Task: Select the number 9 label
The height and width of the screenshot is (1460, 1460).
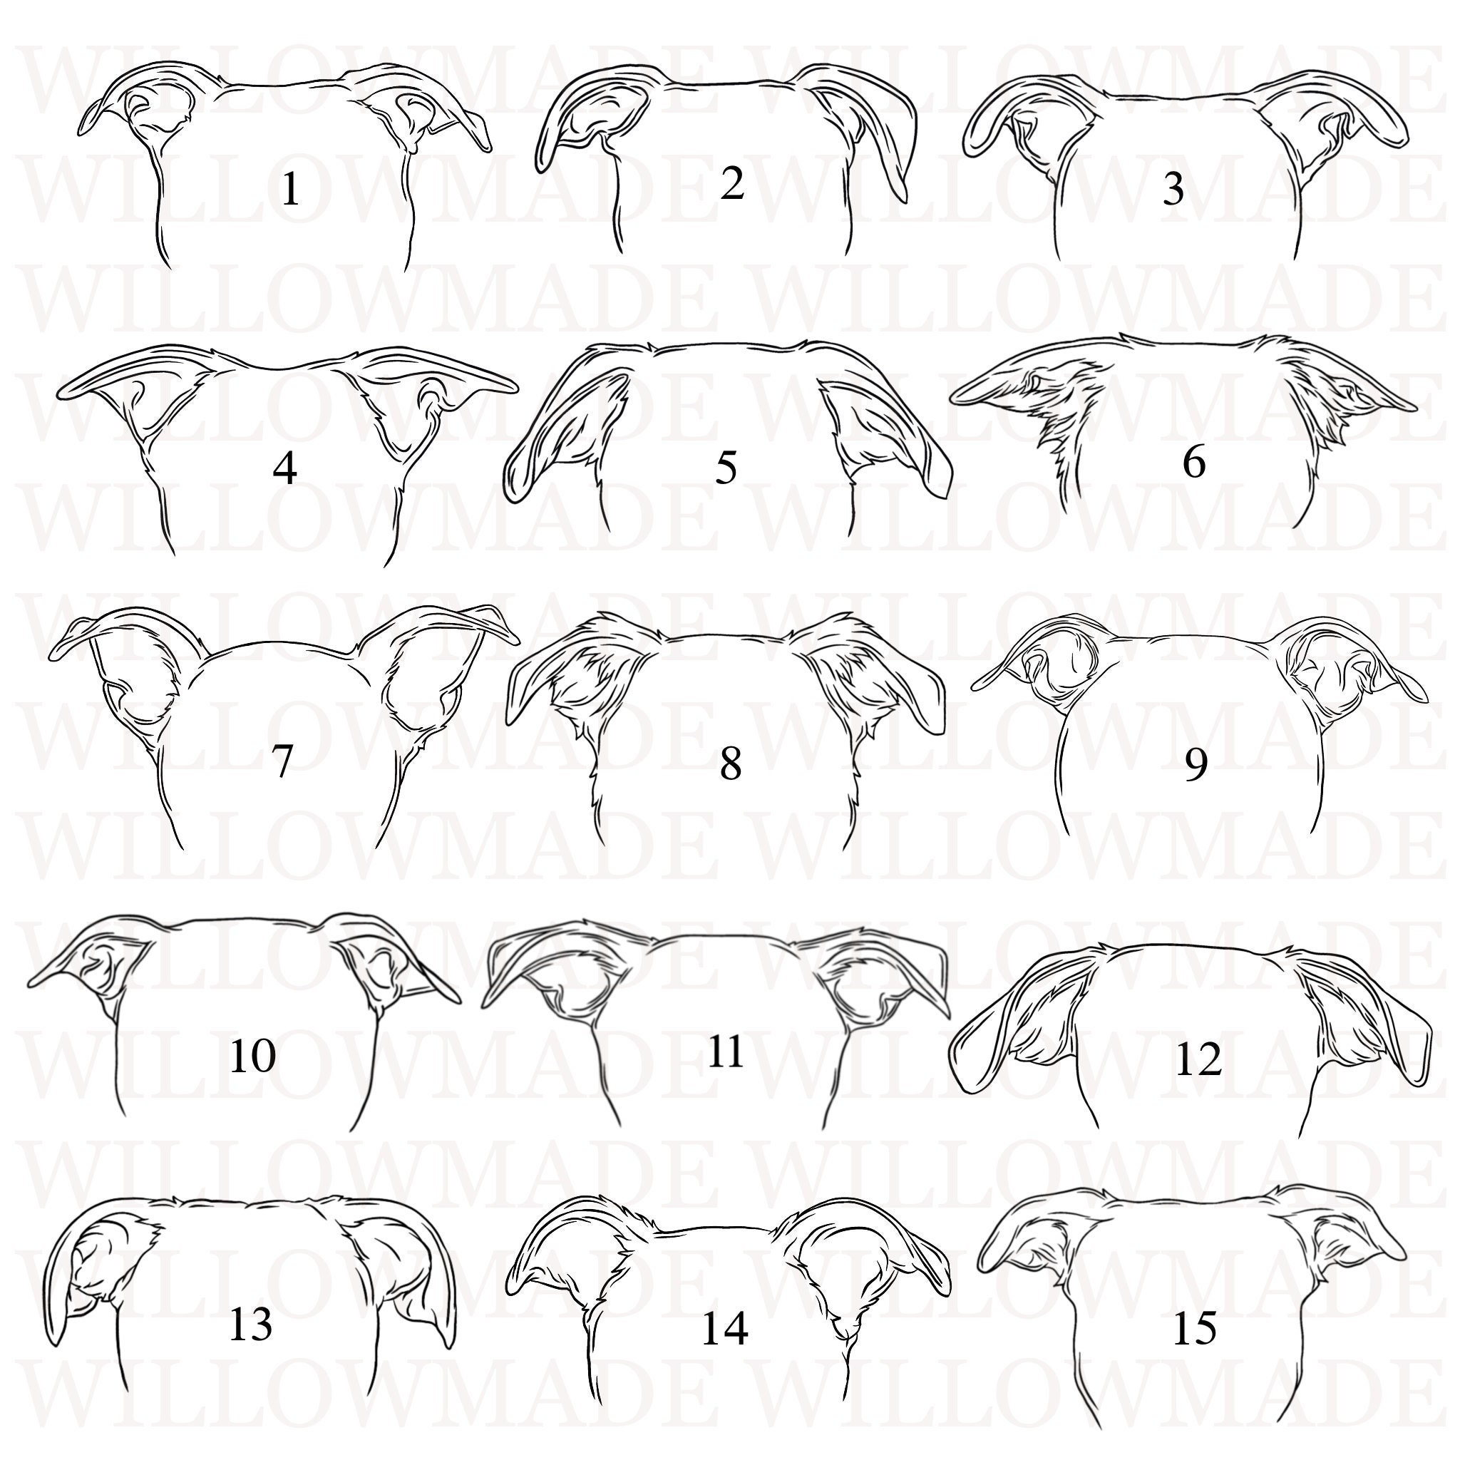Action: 1195,765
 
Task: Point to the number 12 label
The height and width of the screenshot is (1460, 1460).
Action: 1198,1060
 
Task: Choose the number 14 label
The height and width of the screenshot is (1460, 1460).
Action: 725,1350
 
